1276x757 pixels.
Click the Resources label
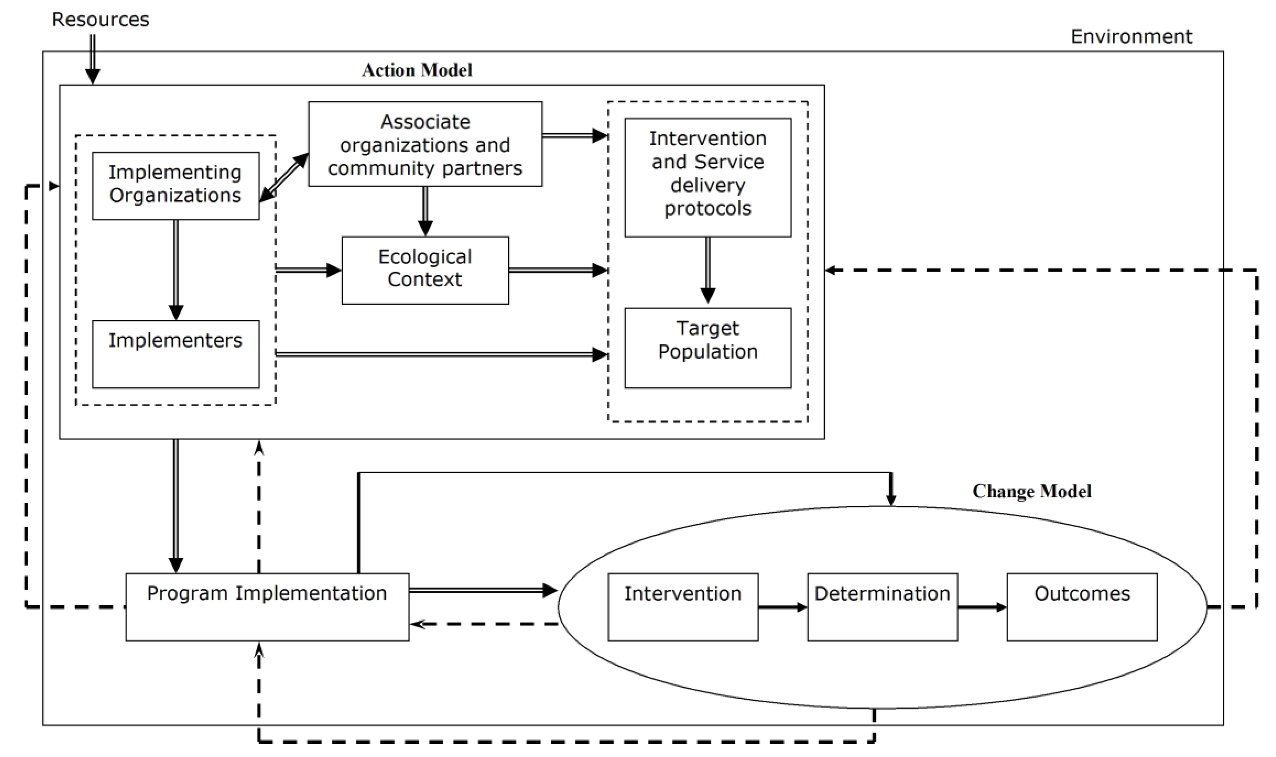click(101, 20)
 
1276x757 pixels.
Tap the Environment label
click(1131, 37)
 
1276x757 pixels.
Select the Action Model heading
click(417, 70)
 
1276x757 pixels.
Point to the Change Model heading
click(1032, 491)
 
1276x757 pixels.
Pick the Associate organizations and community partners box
click(425, 145)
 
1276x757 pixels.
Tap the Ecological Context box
click(425, 270)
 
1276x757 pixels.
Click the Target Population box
click(708, 348)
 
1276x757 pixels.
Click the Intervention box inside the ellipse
click(683, 607)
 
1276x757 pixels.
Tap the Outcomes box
click(1081, 607)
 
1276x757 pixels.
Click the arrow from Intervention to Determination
click(782, 607)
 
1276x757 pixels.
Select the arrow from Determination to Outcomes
click(982, 607)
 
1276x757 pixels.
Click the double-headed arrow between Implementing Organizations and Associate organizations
click(284, 178)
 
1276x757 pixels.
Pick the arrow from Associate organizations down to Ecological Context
click(425, 211)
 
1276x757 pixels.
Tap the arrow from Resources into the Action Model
click(92, 59)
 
